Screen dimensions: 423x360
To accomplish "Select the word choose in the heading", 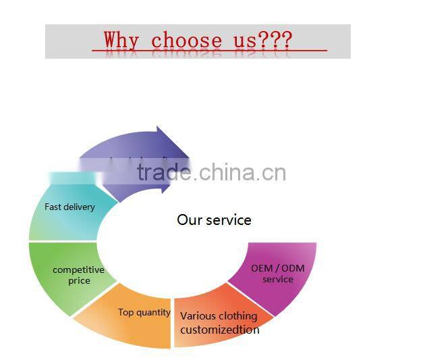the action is coord(186,40).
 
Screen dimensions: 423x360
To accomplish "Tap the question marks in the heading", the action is coord(275,40).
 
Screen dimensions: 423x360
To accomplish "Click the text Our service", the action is coord(214,220).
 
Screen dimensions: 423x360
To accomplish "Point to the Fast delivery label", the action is coord(69,207).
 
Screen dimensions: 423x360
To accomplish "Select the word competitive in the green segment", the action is coord(78,269).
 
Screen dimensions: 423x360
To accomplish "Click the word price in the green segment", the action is coord(79,280).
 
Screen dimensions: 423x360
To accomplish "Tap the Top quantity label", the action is coord(144,312).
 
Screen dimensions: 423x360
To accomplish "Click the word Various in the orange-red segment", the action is coord(197,316).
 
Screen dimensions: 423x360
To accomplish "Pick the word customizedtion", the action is coord(219,330).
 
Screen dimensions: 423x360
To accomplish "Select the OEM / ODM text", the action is coord(277,268).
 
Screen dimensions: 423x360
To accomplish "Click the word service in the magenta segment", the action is coord(277,279).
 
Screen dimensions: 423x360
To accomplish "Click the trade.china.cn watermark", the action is coord(211,172).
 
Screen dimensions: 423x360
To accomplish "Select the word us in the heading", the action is coord(245,40).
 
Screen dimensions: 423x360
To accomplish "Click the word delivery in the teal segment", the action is coord(80,207).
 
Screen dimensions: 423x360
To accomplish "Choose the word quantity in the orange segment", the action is coord(154,312).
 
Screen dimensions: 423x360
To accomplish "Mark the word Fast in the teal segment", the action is coord(53,207).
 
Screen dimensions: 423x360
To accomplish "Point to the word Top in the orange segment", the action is coord(126,312).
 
